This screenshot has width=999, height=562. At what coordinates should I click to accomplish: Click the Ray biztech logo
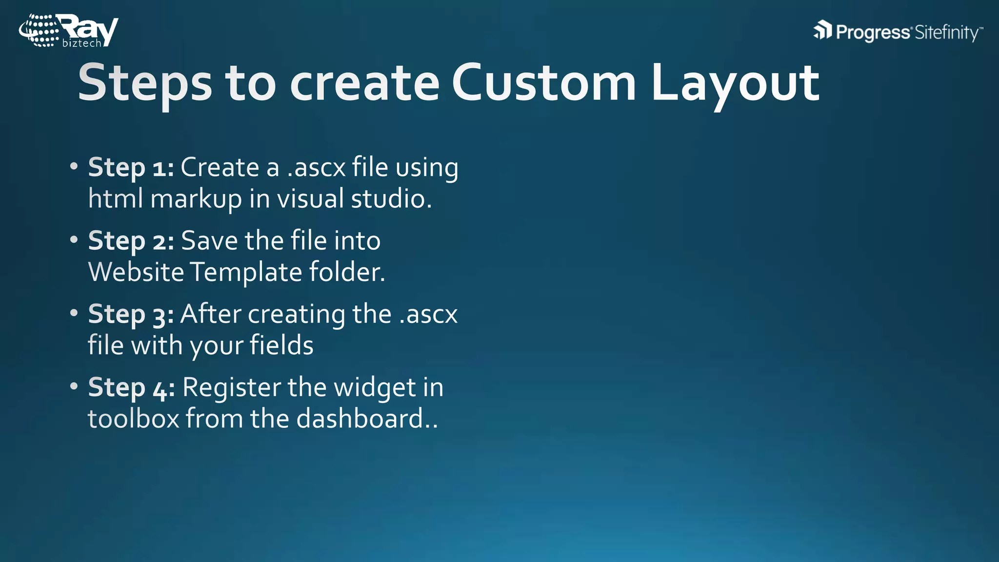coord(68,31)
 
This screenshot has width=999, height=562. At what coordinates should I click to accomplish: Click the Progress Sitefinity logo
coord(898,32)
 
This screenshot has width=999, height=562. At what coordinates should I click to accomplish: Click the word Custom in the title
coord(544,83)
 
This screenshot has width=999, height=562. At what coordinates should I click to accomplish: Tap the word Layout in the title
coord(735,83)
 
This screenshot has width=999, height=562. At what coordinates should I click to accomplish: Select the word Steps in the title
coord(145,83)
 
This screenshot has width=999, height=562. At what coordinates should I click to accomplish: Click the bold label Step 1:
coord(131,168)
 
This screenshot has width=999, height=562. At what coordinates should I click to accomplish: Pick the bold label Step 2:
coord(131,241)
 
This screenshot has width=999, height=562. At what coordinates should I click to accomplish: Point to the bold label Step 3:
coord(131,314)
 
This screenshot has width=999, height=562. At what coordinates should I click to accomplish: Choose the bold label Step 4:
coord(131,388)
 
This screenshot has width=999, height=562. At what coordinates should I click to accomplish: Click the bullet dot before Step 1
coord(74,166)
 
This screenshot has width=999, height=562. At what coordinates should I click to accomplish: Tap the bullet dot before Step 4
coord(74,386)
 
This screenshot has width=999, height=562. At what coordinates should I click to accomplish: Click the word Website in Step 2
coord(136,272)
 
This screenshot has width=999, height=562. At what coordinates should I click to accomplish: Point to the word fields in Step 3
coord(281,345)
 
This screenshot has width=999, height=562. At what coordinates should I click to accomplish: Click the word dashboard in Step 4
coord(360,419)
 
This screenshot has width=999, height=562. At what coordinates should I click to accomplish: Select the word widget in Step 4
coord(375,388)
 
